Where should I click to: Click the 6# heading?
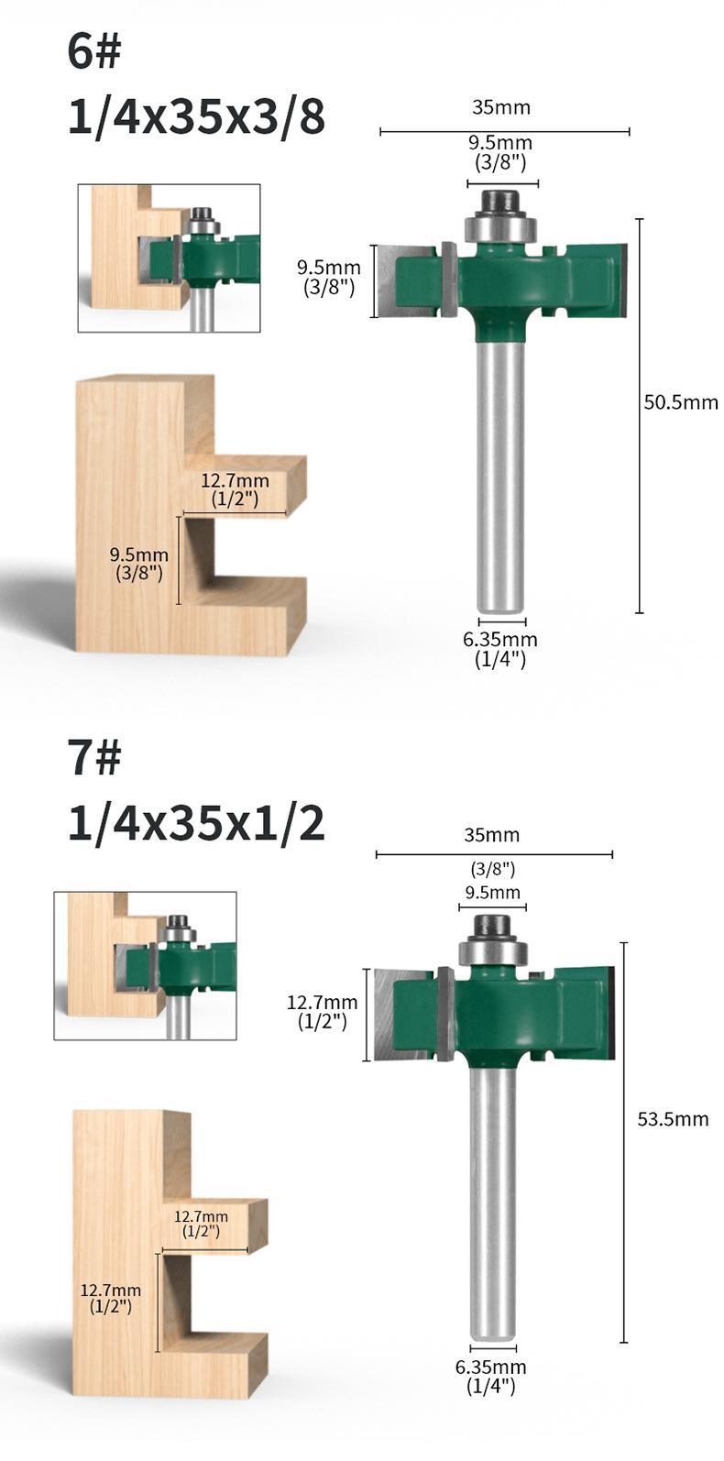[93, 51]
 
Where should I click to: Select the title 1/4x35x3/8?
[196, 119]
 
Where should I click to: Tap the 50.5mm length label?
[681, 401]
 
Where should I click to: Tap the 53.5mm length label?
[673, 1118]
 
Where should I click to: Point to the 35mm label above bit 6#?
[501, 107]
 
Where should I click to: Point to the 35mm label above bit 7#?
[492, 835]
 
